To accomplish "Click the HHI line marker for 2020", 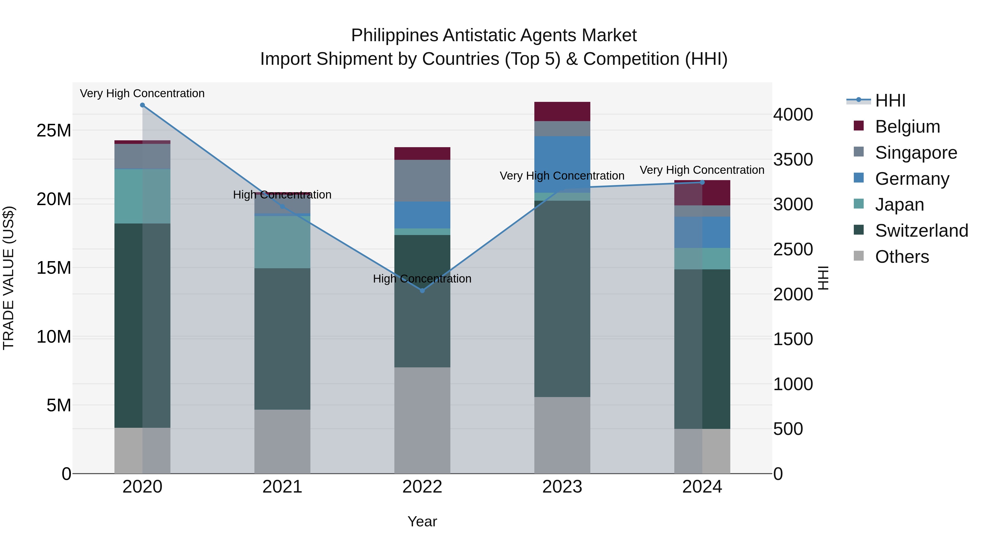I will click(x=142, y=105).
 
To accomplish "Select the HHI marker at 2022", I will click(x=422, y=290).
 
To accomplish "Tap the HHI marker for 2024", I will click(x=702, y=182).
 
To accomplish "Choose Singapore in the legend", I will click(x=916, y=153).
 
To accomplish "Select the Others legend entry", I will click(x=902, y=257).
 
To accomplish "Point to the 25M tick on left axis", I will click(x=54, y=130).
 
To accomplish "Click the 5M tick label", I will click(x=59, y=405).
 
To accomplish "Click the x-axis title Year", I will click(x=422, y=521).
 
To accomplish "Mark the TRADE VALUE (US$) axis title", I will click(x=9, y=278).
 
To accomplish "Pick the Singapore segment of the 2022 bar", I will click(x=422, y=180).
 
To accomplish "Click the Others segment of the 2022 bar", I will click(x=422, y=420).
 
